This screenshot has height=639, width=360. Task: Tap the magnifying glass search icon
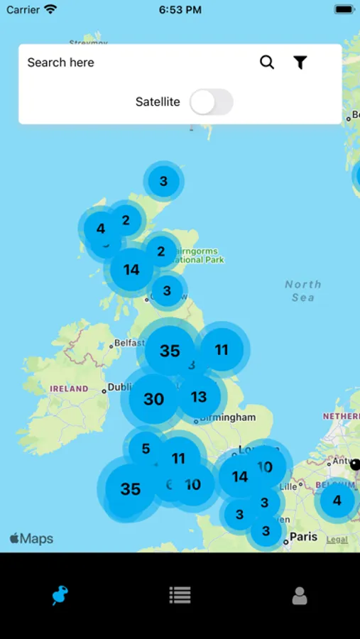pos(267,62)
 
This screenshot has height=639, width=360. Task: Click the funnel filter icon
pos(300,62)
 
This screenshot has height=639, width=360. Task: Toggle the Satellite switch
pos(212,102)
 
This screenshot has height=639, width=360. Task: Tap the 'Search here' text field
pos(135,62)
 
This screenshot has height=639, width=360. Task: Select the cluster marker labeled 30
pos(153,399)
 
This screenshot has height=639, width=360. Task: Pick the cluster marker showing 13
pos(199,397)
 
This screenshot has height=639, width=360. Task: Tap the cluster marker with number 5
pos(146,449)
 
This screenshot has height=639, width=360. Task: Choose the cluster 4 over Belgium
pos(337,501)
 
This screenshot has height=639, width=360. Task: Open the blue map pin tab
pos(60,595)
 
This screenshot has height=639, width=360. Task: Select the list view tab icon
pos(180,595)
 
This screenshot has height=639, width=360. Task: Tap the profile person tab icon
pos(300,596)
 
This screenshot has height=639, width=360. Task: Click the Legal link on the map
pos(337,540)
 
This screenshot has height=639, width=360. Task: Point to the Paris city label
pos(303,537)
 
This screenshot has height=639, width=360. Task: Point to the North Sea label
pos(303,290)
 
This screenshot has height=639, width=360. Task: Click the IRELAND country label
pos(69,389)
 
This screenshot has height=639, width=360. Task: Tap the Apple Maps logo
pos(32,539)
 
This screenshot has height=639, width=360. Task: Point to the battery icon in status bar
pos(344,10)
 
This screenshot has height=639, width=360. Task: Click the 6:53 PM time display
pos(180,10)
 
